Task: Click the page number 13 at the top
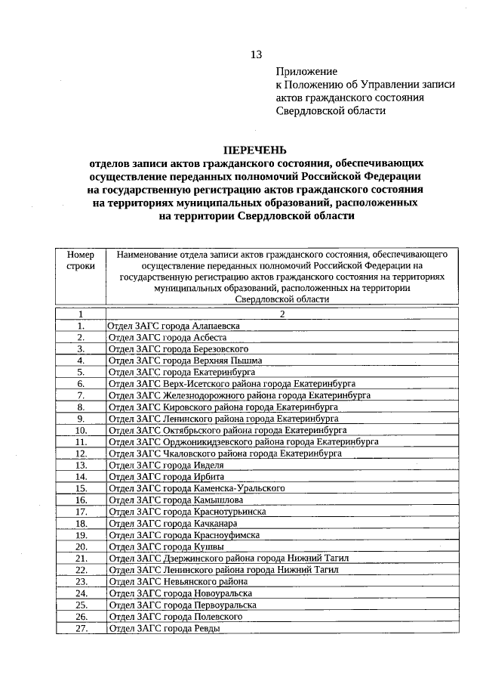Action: pos(256,54)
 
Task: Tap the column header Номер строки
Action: pos(80,261)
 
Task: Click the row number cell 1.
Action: pos(80,326)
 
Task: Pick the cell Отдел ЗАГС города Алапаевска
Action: pos(174,326)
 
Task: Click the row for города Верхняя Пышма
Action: pos(182,361)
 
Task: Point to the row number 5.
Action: pos(80,372)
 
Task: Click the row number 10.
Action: pos(80,430)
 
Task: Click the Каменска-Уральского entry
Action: pos(196,488)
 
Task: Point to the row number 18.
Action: pos(80,523)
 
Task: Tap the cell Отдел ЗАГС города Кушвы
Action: pos(166,546)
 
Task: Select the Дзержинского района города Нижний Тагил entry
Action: pos(229,558)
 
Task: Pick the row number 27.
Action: pos(80,627)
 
